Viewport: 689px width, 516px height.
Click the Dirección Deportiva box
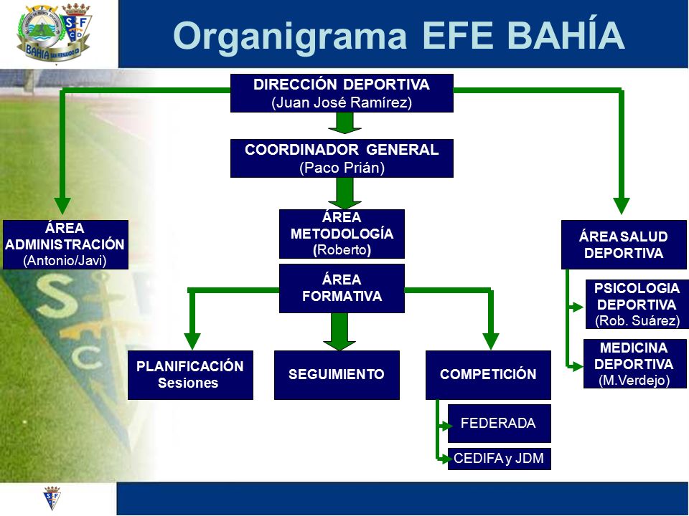coord(342,93)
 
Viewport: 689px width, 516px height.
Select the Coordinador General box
coord(342,158)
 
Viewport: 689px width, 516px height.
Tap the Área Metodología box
coord(342,234)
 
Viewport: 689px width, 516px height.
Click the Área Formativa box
coord(342,288)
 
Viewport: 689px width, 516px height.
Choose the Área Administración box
coord(65,245)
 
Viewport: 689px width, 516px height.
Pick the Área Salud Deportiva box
coord(624,245)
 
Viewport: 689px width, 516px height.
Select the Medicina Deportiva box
coord(635,364)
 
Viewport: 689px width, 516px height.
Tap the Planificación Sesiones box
coord(190,375)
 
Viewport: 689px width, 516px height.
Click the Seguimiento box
coord(337,375)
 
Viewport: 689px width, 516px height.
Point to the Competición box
coord(488,375)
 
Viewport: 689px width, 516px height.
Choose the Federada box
coord(500,424)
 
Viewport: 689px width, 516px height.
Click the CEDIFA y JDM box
coord(500,459)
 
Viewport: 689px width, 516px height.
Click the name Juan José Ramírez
coord(342,103)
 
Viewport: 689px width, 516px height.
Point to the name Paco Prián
coord(342,168)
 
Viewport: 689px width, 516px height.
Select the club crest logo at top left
coord(55,34)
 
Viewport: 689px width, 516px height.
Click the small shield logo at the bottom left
coord(52,498)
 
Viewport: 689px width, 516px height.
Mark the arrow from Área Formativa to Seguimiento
coord(339,331)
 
